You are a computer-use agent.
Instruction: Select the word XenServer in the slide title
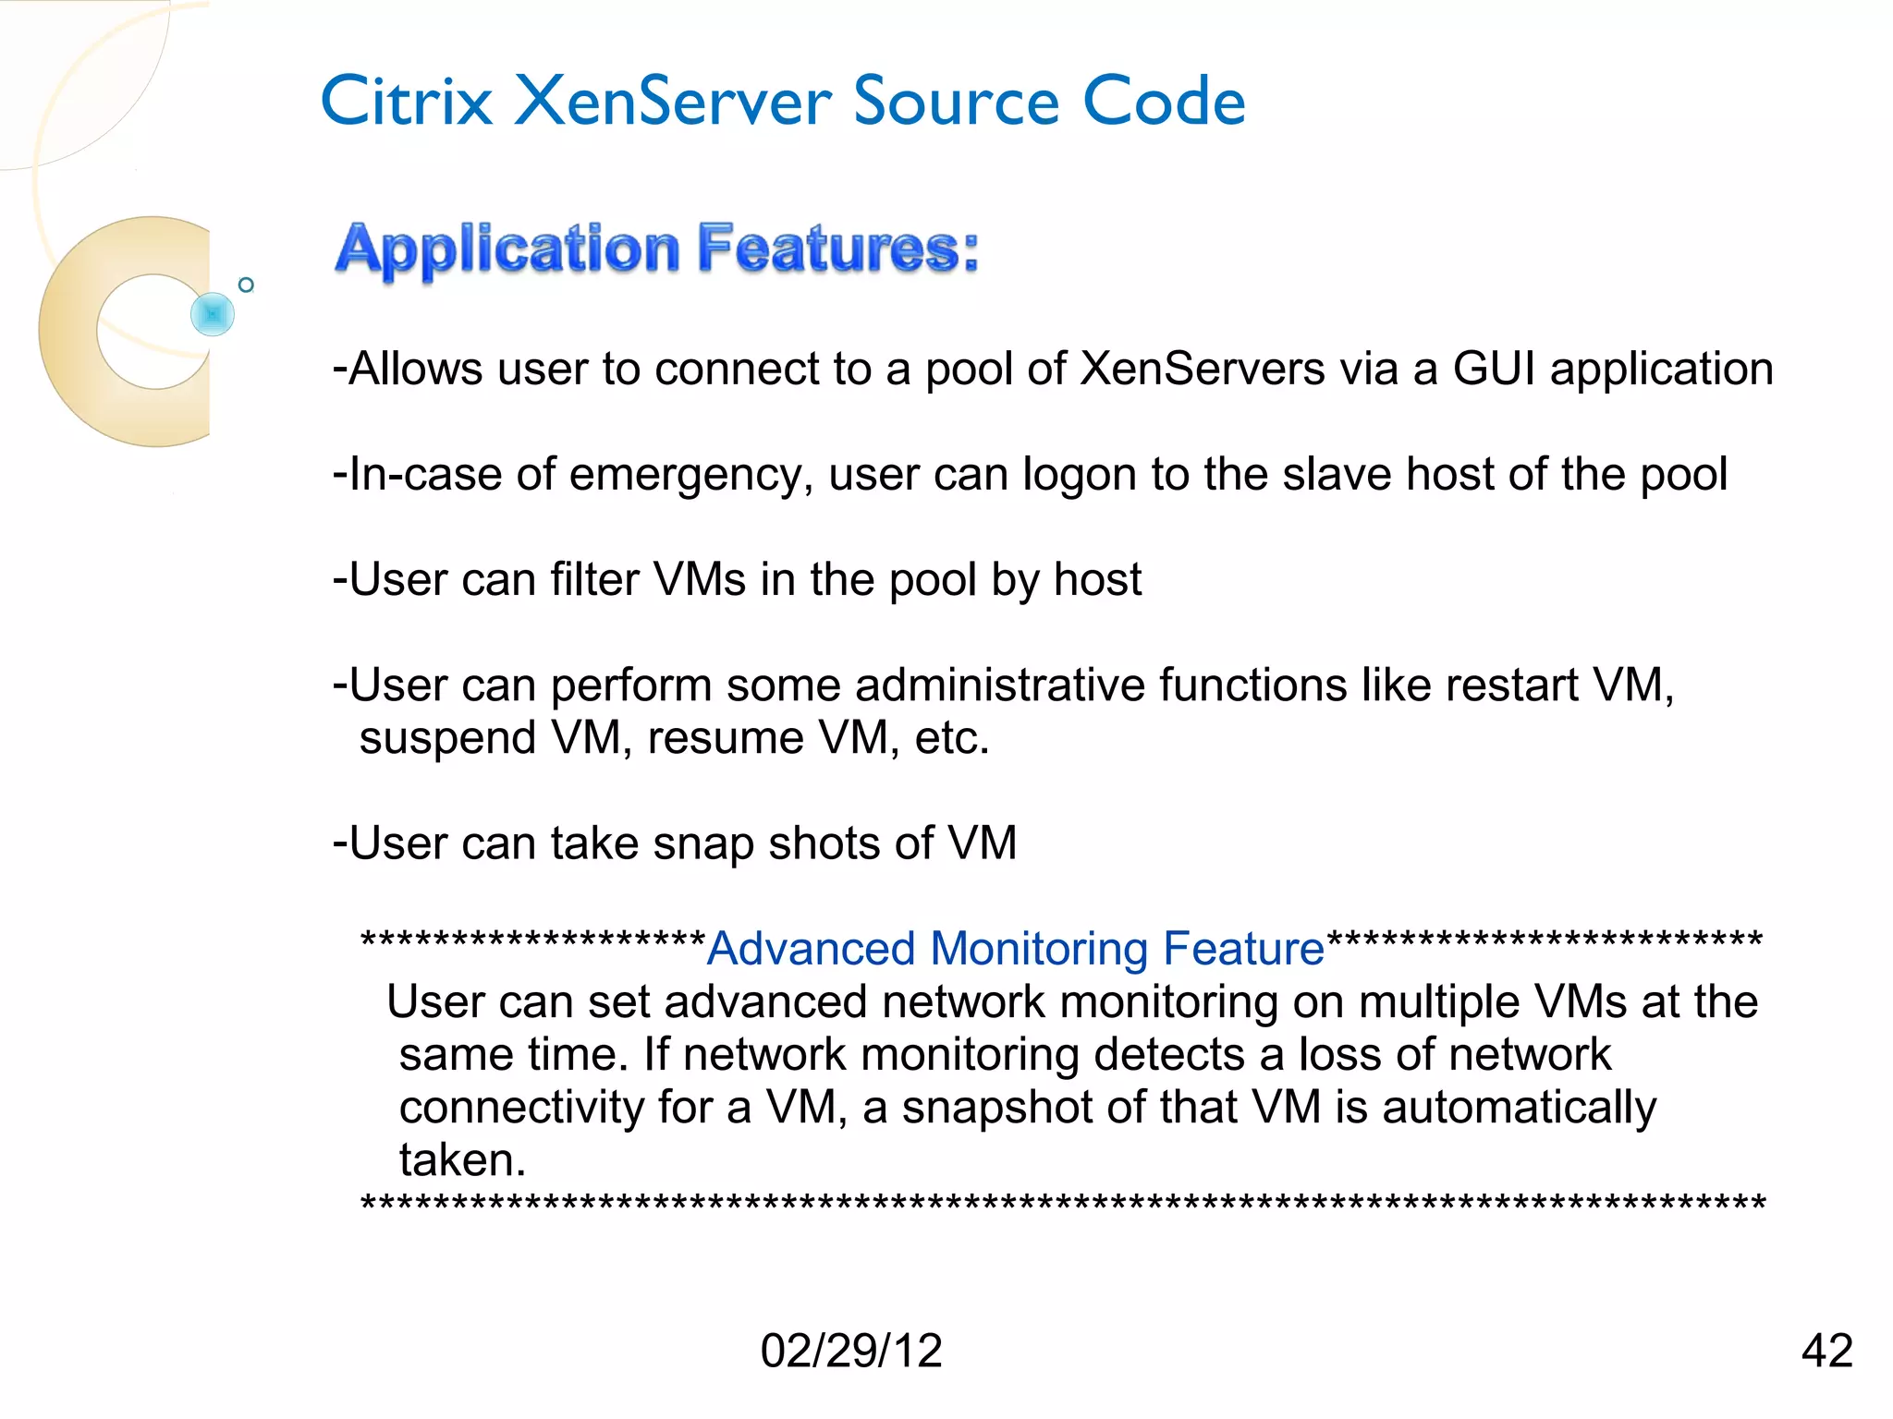pos(673,102)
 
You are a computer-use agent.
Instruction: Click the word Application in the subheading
pos(507,250)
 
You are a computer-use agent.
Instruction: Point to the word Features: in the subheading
pos(837,250)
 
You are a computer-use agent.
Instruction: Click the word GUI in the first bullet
pos(1494,370)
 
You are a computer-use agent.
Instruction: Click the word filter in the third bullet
pos(594,580)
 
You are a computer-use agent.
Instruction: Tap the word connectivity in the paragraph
pos(521,1109)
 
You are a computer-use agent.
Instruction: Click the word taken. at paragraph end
pos(462,1160)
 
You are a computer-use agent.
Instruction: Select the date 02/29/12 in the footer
pos(850,1351)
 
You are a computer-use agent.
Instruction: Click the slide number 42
pos(1826,1351)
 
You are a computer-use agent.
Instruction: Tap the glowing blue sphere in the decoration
pos(213,314)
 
